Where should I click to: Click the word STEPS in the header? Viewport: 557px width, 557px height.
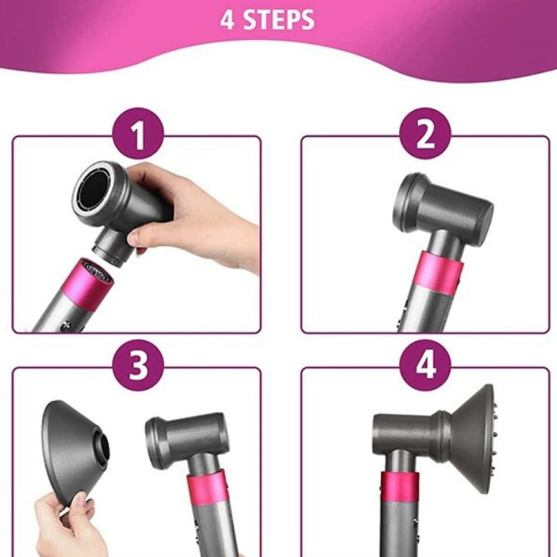278,20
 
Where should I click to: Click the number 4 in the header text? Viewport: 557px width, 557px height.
227,20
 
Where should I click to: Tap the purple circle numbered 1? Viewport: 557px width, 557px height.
137,137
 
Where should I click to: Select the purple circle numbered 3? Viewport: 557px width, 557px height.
137,365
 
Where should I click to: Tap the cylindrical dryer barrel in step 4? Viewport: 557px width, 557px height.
405,430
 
